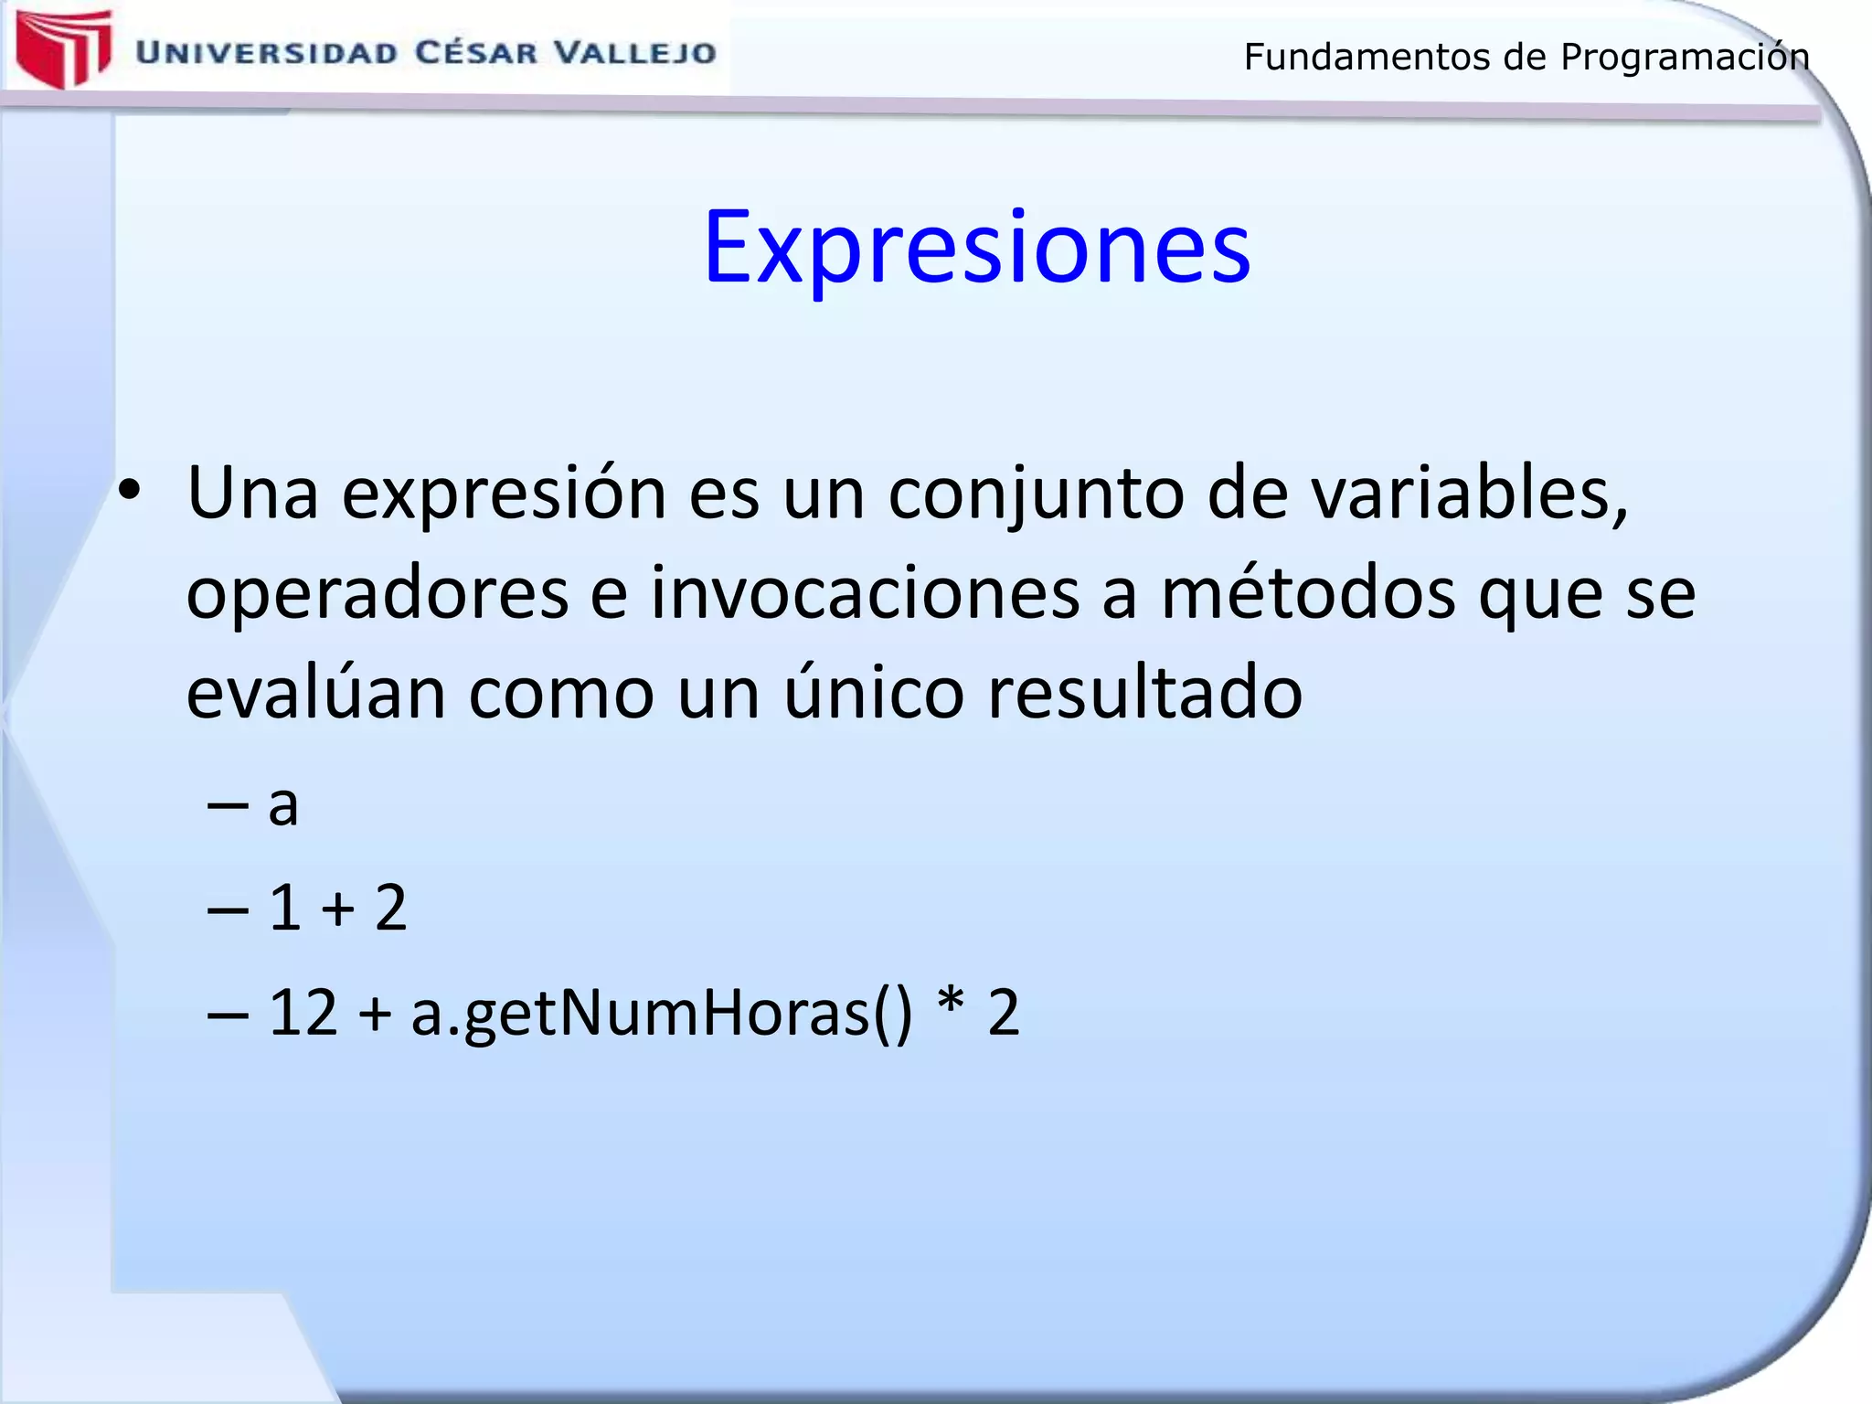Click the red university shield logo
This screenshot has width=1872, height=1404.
(x=62, y=48)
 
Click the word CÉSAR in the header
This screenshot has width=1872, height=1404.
(x=476, y=53)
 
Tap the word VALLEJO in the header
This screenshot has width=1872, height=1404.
(x=636, y=53)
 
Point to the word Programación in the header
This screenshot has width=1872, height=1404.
(x=1685, y=58)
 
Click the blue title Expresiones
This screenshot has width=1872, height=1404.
(x=976, y=247)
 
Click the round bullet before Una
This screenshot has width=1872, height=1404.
(x=130, y=491)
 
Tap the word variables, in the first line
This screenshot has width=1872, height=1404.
(x=1470, y=494)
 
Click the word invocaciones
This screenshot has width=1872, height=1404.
(x=865, y=593)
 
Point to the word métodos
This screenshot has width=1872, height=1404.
(x=1308, y=593)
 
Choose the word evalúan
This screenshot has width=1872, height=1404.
(x=315, y=693)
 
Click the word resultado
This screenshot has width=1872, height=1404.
(x=1144, y=693)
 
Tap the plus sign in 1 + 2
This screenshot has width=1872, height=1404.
(x=338, y=909)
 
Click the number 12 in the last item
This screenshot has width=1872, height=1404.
(x=303, y=1013)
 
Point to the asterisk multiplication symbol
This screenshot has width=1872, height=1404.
(x=951, y=1004)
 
